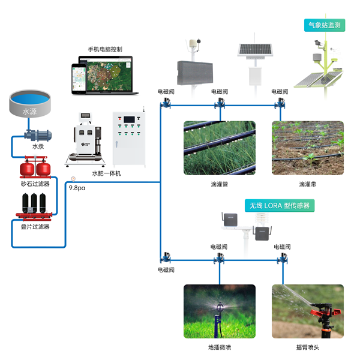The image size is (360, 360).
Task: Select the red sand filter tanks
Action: [35, 169]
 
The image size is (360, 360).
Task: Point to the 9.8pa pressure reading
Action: [77, 188]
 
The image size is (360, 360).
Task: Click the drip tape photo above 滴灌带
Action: [308, 148]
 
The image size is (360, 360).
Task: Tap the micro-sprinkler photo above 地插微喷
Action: [219, 311]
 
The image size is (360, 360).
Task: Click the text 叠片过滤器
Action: [35, 227]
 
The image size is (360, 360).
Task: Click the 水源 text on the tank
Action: [29, 112]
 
